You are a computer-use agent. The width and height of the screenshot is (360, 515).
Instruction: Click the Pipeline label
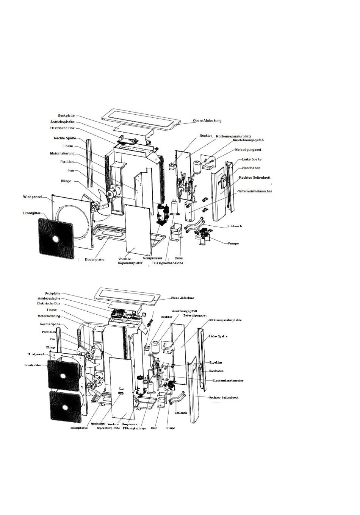tap(216, 362)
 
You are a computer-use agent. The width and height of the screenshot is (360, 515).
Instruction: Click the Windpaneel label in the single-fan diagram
tap(32, 197)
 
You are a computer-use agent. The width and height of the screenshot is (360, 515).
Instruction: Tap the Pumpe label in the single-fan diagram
tap(233, 243)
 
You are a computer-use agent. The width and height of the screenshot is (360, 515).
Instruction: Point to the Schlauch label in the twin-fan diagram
tap(181, 413)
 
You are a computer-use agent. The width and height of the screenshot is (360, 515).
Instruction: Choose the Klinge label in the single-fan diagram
tap(66, 181)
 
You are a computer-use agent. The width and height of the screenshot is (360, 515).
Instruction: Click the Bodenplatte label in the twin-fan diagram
tap(79, 428)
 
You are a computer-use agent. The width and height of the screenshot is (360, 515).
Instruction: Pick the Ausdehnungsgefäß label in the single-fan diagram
tap(248, 140)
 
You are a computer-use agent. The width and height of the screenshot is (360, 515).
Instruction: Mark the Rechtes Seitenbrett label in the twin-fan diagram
tap(224, 398)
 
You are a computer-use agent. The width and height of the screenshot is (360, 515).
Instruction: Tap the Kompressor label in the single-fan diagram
tap(152, 258)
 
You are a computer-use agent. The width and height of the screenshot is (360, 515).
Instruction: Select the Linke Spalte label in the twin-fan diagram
tap(218, 336)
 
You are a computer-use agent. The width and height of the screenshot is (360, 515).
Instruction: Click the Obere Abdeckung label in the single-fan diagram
tap(207, 121)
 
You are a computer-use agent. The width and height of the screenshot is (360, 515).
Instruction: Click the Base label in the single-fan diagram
tap(178, 258)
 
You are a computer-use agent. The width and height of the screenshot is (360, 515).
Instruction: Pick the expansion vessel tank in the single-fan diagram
tap(196, 166)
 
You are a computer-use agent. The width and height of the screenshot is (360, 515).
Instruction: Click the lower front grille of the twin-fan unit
tap(65, 407)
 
